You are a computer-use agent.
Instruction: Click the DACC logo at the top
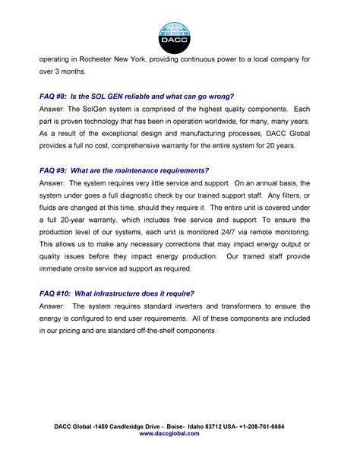coord(179,33)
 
